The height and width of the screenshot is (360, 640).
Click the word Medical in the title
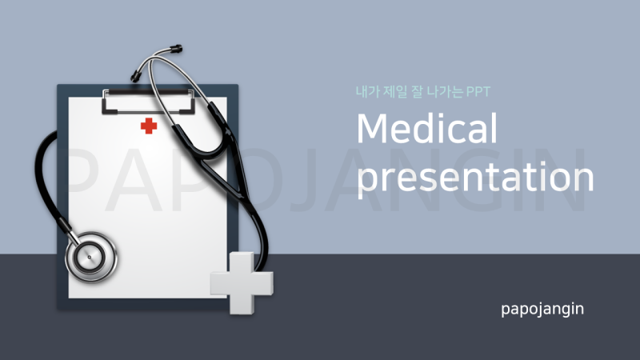427,128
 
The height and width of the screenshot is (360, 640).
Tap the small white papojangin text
542,309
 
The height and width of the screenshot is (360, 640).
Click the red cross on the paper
149,126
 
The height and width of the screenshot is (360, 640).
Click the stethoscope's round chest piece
90,257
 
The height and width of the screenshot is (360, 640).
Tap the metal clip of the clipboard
148,102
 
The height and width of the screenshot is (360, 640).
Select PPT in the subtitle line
478,92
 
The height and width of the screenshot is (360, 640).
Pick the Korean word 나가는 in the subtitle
445,91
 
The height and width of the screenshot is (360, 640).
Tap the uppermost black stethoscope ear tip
176,49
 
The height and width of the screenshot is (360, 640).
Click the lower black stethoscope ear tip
135,75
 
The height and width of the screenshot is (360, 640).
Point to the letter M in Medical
371,128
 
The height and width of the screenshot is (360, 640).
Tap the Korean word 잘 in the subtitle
417,91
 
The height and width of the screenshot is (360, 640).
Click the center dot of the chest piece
90,258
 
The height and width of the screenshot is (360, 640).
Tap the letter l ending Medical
494,128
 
